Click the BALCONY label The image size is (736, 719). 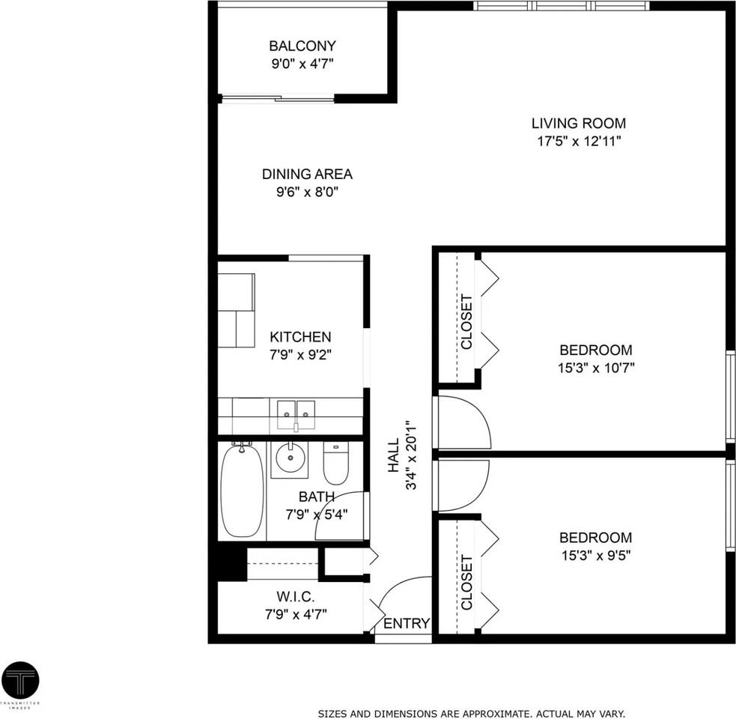[x=302, y=46]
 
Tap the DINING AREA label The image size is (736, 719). [x=306, y=174]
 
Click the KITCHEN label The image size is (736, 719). [x=300, y=337]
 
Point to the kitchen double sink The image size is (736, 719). [x=296, y=412]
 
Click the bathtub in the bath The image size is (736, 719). [x=242, y=491]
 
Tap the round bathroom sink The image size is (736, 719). [x=289, y=457]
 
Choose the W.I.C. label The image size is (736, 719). [x=295, y=597]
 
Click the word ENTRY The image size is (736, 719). [x=407, y=623]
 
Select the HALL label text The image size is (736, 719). [x=394, y=458]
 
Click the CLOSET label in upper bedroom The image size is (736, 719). [x=466, y=322]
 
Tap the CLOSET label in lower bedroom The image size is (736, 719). [x=466, y=582]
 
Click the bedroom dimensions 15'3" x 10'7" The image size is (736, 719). [x=596, y=368]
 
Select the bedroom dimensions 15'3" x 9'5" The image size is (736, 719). [x=596, y=556]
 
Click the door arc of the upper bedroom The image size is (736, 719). [x=464, y=422]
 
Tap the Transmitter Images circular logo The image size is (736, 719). [x=20, y=680]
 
